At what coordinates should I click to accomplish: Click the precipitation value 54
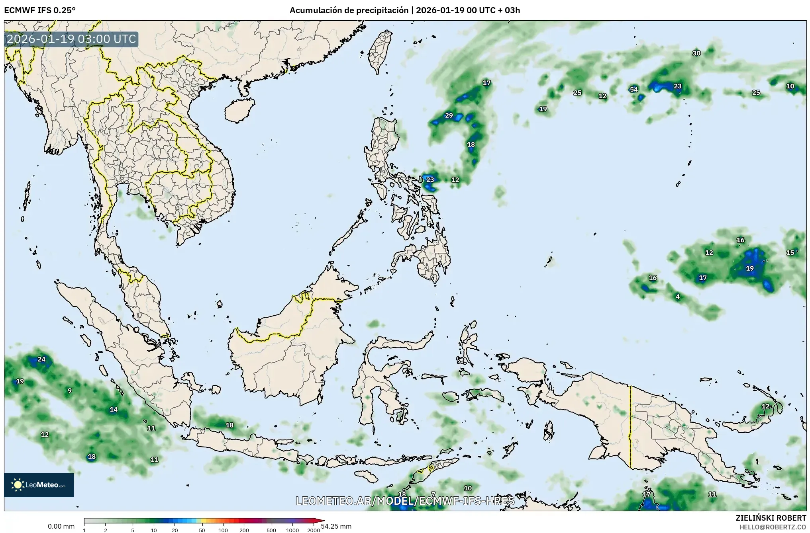pos(633,90)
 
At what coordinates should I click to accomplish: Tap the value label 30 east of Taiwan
pos(696,53)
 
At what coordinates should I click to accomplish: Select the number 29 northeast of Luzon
pos(449,115)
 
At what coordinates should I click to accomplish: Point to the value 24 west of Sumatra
pos(41,359)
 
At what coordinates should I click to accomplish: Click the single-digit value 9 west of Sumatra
pos(70,390)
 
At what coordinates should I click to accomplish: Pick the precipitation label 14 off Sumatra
pos(114,409)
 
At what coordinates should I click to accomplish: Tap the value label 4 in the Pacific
pos(678,297)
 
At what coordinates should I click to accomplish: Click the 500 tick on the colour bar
pos(271,530)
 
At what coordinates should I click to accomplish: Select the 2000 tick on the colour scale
pos(314,530)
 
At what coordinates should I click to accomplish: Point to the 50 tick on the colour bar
pos(202,530)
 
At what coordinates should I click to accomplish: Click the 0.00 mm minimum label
pos(61,526)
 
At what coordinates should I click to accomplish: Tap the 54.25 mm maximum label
pos(336,526)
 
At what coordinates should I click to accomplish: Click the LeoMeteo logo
pos(39,485)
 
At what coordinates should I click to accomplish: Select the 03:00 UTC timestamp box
pos(72,39)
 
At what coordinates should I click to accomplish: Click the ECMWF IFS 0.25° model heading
pos(39,10)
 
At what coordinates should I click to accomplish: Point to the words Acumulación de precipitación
pos(349,10)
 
